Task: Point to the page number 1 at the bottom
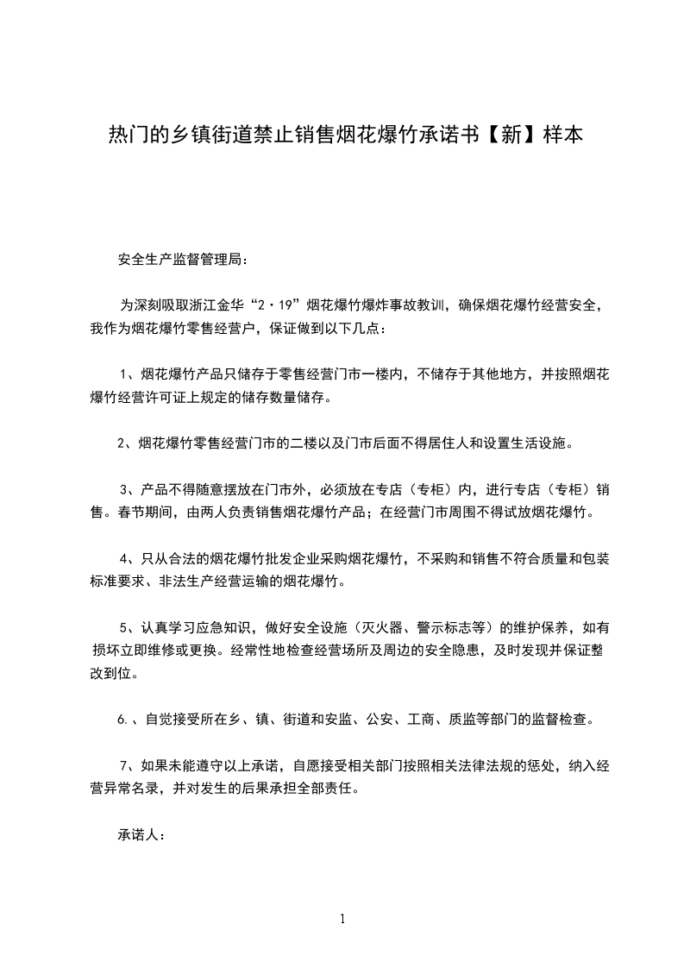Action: (342, 918)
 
